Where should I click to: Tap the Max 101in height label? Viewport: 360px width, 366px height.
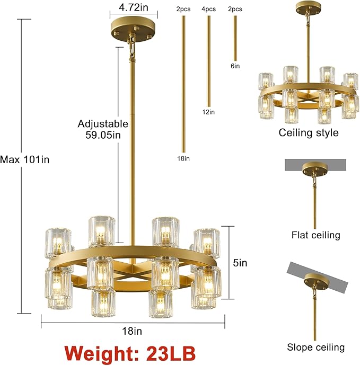(25, 159)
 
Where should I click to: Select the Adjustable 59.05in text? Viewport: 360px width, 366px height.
(103, 129)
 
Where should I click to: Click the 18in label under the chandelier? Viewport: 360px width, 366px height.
(132, 332)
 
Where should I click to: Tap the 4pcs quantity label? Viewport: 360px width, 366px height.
(208, 9)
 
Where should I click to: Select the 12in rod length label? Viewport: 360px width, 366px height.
(208, 112)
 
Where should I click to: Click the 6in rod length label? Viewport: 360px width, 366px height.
(235, 66)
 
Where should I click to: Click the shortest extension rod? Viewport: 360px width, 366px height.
(235, 38)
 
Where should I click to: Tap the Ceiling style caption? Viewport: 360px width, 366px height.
(309, 132)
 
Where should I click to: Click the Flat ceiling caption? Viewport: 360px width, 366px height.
(315, 235)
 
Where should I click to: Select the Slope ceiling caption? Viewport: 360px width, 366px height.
(315, 347)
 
